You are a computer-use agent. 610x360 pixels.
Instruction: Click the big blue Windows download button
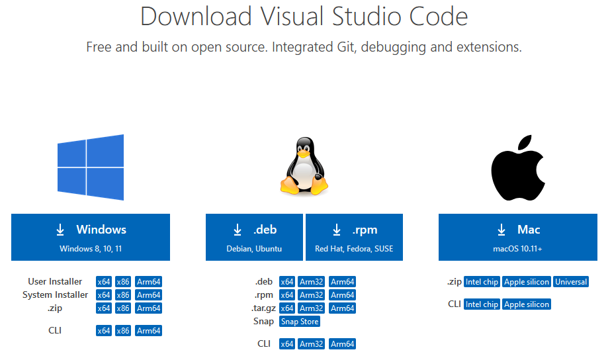[91, 237]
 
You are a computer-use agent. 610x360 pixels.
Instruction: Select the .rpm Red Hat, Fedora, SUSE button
[354, 237]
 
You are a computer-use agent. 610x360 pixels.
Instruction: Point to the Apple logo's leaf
[525, 145]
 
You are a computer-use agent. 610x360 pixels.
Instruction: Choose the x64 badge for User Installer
[104, 282]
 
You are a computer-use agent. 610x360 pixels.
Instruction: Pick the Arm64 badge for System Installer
[148, 295]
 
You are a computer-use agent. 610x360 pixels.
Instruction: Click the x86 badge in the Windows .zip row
[123, 308]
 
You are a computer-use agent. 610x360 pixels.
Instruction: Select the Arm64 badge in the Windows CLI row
[148, 331]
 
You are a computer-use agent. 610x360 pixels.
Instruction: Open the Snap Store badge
[300, 322]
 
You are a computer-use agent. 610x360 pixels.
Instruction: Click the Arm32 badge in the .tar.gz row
[312, 308]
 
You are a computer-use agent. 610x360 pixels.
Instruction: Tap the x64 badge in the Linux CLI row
[286, 344]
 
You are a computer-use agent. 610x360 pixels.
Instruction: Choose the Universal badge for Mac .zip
[571, 282]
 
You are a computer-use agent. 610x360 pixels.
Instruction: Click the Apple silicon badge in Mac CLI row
[527, 304]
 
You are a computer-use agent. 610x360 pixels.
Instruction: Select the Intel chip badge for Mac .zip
[482, 282]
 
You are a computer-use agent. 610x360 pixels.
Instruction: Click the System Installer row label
[56, 295]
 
